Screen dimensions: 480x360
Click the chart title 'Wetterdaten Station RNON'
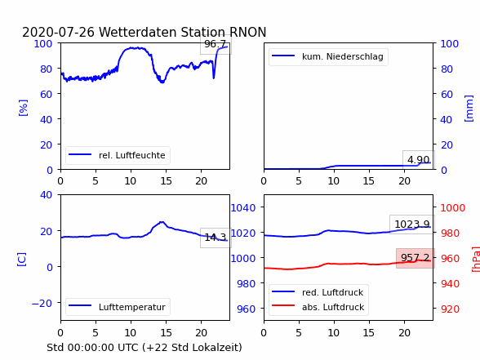(183, 32)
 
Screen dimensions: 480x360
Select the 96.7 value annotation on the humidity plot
(216, 44)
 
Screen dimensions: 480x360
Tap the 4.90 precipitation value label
(418, 159)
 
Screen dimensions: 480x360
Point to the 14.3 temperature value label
(216, 238)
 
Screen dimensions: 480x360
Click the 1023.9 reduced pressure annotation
(412, 224)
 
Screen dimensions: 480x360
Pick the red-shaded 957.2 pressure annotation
(415, 258)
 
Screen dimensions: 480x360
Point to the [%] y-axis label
(23, 108)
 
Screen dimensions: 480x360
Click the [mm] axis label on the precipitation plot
(469, 109)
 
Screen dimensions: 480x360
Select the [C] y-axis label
(21, 260)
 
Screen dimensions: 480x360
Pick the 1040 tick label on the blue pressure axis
(243, 208)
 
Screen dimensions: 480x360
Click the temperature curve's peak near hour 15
(162, 222)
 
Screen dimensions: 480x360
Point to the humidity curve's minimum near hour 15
(162, 82)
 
